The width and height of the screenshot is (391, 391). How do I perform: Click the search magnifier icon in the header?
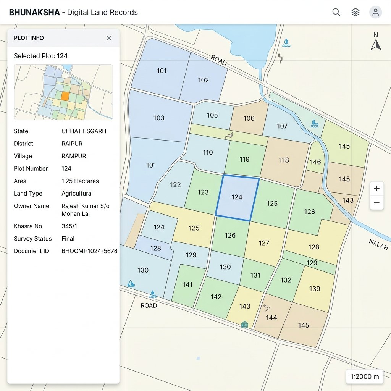pyautogui.click(x=336, y=12)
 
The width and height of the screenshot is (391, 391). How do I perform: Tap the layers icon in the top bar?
pyautogui.click(x=355, y=12)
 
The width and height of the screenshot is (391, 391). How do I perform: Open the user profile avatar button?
pyautogui.click(x=375, y=12)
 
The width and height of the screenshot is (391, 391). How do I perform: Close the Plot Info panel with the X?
pyautogui.click(x=109, y=38)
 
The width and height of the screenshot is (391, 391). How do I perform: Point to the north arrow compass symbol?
pyautogui.click(x=376, y=42)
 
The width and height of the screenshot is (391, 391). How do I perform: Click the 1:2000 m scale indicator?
pyautogui.click(x=365, y=376)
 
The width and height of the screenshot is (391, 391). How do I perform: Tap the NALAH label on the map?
pyautogui.click(x=378, y=244)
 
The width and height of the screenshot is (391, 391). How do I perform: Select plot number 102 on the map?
pyautogui.click(x=204, y=80)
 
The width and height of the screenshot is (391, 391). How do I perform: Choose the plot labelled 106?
pyautogui.click(x=249, y=118)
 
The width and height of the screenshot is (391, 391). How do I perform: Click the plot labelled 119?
pyautogui.click(x=244, y=159)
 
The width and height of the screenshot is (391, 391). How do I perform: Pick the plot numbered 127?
pyautogui.click(x=264, y=243)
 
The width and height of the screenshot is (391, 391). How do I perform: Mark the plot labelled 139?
pyautogui.click(x=315, y=289)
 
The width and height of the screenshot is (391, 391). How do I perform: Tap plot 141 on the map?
pyautogui.click(x=187, y=284)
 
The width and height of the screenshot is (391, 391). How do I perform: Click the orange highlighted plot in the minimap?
pyautogui.click(x=65, y=96)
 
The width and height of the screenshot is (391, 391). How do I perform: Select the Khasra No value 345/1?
pyautogui.click(x=69, y=226)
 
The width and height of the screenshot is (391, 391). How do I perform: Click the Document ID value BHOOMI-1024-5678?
pyautogui.click(x=89, y=251)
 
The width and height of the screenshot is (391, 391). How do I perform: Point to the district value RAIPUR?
pyautogui.click(x=72, y=144)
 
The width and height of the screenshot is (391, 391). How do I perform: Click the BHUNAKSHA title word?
pyautogui.click(x=34, y=12)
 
